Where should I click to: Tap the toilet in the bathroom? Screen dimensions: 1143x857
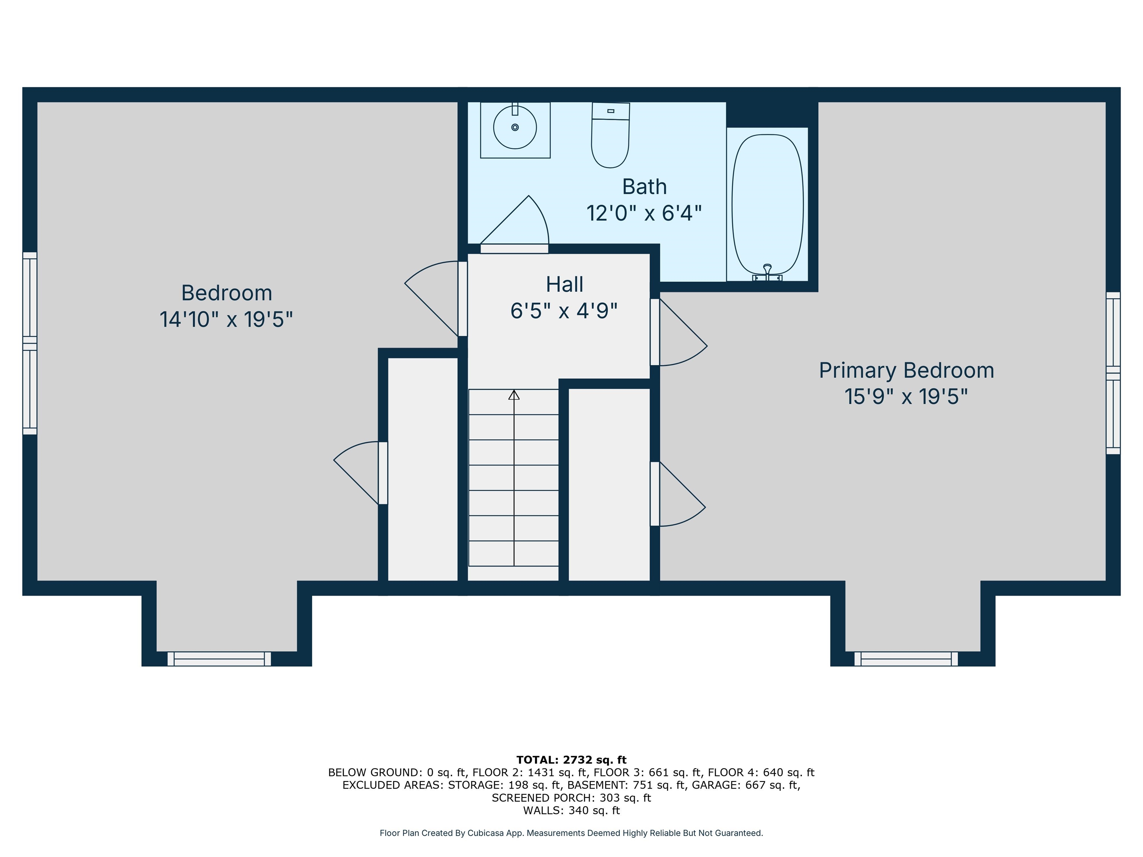(610, 135)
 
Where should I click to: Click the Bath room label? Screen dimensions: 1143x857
(644, 186)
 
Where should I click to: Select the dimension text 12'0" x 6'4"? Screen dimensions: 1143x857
(644, 213)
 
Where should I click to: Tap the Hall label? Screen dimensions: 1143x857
(564, 284)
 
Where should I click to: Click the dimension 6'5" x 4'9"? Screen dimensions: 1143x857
(564, 311)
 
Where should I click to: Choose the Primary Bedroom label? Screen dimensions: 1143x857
(906, 370)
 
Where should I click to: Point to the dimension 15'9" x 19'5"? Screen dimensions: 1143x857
(906, 397)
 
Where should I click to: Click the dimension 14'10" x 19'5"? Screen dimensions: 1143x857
(226, 319)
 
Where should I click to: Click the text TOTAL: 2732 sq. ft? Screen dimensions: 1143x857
(571, 760)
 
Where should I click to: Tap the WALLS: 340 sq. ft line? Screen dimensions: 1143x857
(571, 811)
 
